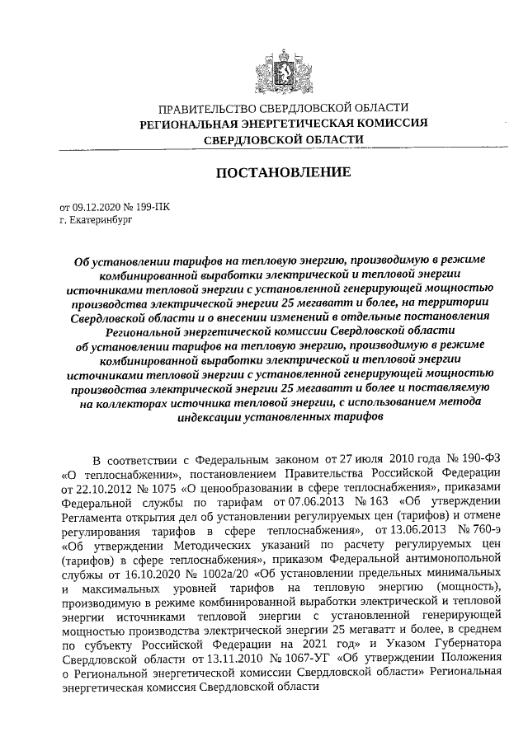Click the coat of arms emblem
284,69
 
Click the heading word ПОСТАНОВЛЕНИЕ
284,172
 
